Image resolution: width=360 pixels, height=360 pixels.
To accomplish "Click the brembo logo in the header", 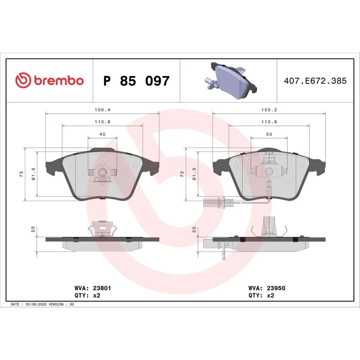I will click(x=49, y=81).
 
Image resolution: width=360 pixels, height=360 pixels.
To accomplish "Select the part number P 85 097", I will click(x=136, y=81).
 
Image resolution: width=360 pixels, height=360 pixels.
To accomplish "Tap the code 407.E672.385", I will click(x=315, y=81).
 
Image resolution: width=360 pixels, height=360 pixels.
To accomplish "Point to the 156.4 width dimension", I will click(x=102, y=109).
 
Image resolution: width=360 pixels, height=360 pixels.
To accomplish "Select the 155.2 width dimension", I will click(x=269, y=109).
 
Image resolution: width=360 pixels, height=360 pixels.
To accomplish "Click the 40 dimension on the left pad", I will click(x=102, y=135).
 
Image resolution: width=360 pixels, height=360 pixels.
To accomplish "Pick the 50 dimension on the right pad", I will click(x=269, y=135).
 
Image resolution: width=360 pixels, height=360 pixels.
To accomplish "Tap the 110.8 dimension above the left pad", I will click(x=102, y=122).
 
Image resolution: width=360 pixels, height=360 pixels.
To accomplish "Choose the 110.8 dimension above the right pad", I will click(x=269, y=122).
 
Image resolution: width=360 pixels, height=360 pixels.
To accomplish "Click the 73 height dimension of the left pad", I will click(x=21, y=174).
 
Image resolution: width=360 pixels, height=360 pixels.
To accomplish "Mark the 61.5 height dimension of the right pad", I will click(x=194, y=174).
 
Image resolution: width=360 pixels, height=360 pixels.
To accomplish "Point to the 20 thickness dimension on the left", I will click(x=33, y=229).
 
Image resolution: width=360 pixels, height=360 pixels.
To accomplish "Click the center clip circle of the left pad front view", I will click(x=102, y=171).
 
